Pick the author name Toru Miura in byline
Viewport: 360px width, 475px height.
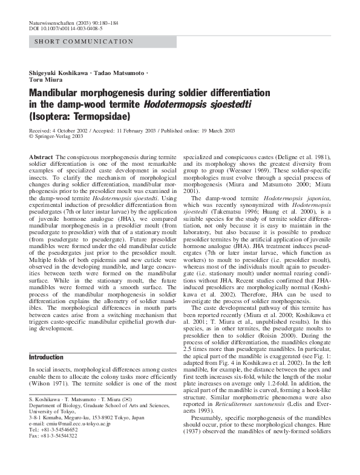point(46,79)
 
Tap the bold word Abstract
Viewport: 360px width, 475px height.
point(41,157)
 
